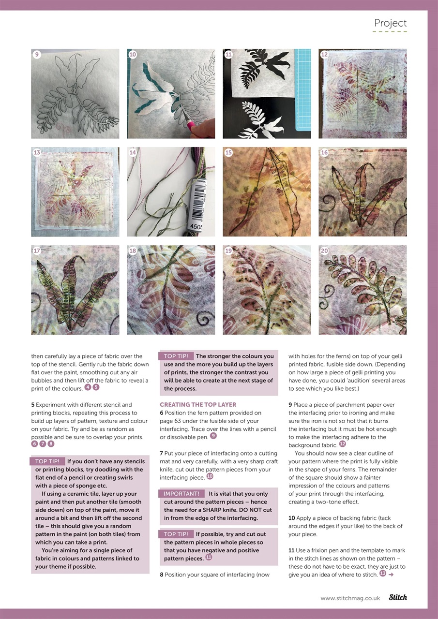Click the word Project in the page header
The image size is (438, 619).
click(390, 23)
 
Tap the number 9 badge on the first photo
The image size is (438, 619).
click(37, 55)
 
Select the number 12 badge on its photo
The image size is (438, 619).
click(324, 55)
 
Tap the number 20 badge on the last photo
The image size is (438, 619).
click(324, 251)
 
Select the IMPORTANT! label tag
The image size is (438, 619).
click(181, 494)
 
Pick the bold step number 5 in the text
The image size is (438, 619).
click(33, 405)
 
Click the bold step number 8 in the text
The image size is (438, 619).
click(162, 575)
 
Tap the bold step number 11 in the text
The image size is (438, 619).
click(291, 550)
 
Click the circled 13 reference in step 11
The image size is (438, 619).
click(382, 574)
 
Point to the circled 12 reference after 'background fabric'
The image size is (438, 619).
click(343, 444)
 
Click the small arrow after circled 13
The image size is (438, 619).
click(391, 574)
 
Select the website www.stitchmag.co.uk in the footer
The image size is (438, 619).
click(350, 598)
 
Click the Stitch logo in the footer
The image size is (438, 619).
click(397, 597)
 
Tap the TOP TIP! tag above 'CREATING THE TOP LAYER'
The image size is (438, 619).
click(176, 356)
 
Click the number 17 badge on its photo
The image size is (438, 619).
click(37, 251)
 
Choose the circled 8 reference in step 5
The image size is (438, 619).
click(51, 443)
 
